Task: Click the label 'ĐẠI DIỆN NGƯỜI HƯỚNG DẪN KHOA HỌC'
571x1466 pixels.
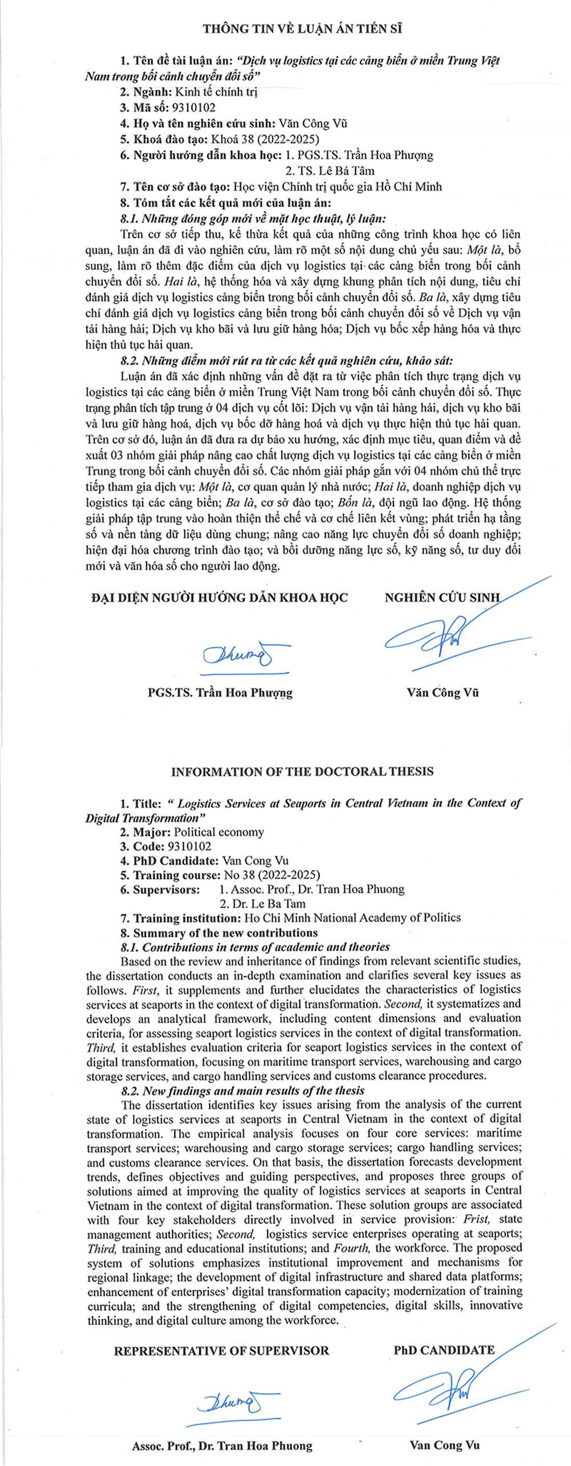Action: [219, 598]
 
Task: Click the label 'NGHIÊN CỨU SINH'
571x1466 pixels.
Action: [442, 598]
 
